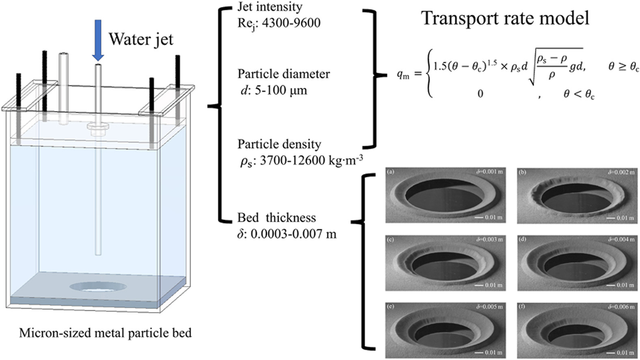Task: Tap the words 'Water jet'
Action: click(141, 39)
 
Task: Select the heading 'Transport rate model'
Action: click(505, 18)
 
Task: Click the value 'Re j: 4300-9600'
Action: click(279, 23)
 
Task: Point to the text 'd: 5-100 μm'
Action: click(274, 90)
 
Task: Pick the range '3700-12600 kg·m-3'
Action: click(311, 161)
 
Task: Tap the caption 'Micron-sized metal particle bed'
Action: click(105, 334)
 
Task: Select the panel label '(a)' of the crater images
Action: click(391, 172)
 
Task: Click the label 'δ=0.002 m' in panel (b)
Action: click(621, 172)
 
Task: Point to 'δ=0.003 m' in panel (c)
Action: click(489, 239)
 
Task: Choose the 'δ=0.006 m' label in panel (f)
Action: click(621, 307)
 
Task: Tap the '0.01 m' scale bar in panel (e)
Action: click(489, 352)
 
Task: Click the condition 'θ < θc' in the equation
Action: click(579, 94)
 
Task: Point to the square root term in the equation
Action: click(556, 66)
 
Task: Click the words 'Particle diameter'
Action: click(283, 74)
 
